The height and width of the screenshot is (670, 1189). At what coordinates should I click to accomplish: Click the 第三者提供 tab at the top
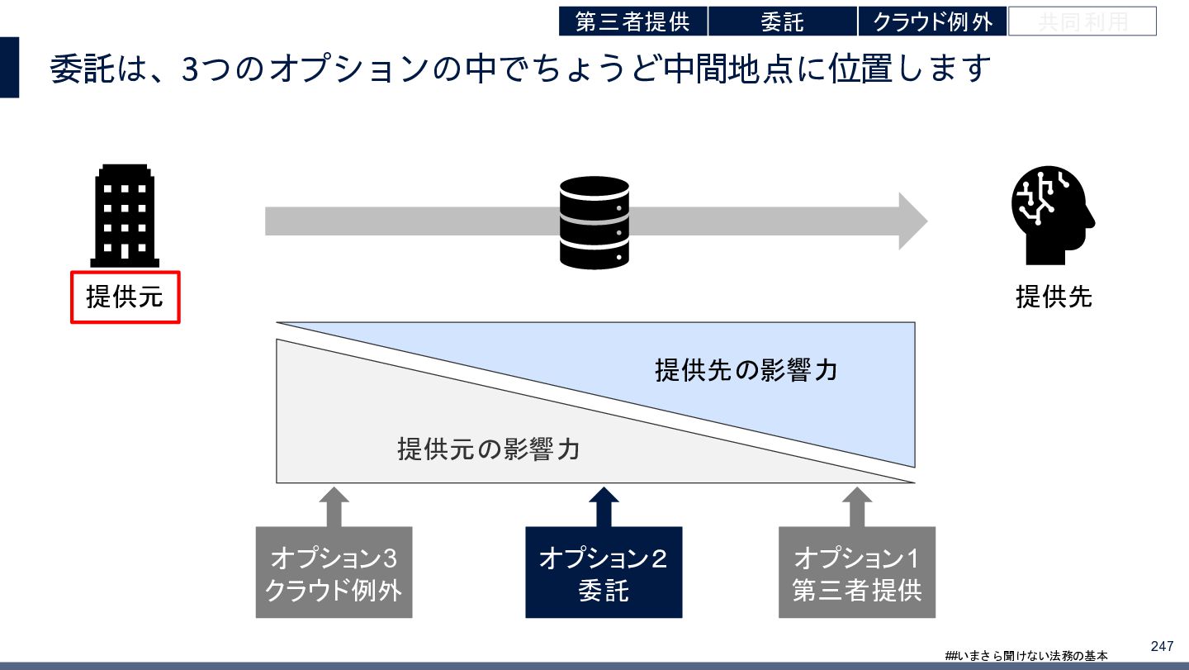pos(632,21)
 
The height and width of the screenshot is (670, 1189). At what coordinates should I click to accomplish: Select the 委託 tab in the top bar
pos(782,21)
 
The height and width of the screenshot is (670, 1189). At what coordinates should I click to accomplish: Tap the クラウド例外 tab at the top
pos(932,21)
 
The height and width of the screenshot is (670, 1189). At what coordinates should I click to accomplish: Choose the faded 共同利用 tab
pos(1082,21)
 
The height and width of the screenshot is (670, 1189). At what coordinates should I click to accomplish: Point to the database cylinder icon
pos(594,222)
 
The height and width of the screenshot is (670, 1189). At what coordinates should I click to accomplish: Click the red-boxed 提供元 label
pos(125,297)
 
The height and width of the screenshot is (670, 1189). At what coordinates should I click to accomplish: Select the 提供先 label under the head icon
pos(1054,297)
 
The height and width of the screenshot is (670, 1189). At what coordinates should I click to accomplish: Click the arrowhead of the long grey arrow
pos(912,221)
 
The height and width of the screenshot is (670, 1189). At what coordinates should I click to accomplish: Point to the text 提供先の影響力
pos(746,369)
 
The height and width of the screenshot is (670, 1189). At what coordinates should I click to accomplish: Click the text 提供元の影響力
pos(488,449)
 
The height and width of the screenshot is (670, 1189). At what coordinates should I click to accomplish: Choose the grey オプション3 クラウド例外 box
pos(334,573)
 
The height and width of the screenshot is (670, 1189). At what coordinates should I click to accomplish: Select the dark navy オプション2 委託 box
pos(604,573)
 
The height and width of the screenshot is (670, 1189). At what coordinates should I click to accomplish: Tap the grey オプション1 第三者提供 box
pos(856,573)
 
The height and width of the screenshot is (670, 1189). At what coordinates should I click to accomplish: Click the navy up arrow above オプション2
pos(604,506)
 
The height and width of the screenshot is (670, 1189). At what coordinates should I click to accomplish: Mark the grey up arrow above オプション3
pos(334,506)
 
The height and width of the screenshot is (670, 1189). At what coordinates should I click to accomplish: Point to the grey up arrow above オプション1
pos(856,506)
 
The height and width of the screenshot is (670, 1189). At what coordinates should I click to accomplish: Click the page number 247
pos(1161,646)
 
